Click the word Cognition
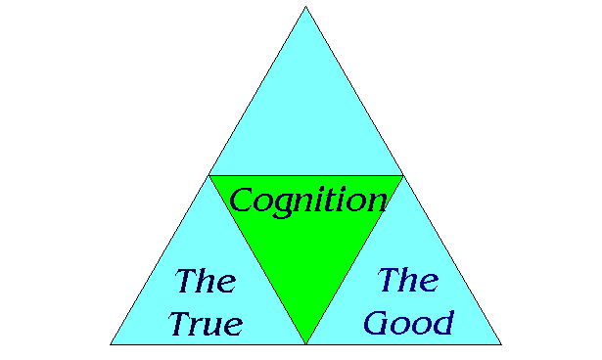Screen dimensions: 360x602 click(307, 202)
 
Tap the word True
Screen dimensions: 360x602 click(205, 323)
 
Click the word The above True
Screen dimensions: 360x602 click(206, 283)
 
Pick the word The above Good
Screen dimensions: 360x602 click(408, 280)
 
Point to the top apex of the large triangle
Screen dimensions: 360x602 click(305, 8)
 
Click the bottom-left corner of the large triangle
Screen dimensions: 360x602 click(111, 343)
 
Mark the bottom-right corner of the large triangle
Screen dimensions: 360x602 click(500, 343)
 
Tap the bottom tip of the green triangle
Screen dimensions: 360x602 click(305, 342)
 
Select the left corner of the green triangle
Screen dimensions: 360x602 click(209, 176)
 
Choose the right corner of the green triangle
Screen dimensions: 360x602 click(402, 176)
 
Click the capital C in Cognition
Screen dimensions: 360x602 click(242, 202)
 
